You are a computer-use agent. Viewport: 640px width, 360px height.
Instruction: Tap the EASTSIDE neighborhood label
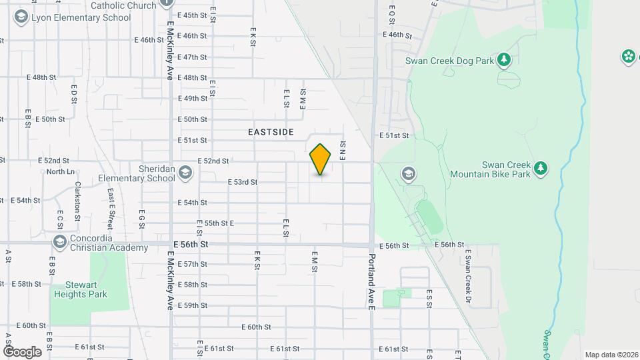271,133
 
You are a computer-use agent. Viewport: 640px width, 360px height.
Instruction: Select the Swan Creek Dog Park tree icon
505,61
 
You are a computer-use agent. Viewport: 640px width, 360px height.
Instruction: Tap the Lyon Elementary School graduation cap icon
21,17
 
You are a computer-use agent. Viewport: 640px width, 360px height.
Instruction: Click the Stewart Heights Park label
81,289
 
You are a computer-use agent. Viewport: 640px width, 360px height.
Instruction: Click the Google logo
22,351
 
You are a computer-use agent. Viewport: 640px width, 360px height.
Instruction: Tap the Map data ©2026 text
611,355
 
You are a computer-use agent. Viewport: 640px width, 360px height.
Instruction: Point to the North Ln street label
61,171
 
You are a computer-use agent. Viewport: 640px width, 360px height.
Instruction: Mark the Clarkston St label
78,201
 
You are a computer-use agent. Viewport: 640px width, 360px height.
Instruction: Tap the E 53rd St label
243,181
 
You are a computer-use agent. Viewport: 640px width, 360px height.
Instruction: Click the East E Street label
110,206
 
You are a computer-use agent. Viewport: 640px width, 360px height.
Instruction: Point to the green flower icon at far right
628,57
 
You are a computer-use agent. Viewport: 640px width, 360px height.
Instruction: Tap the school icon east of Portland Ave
408,175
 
